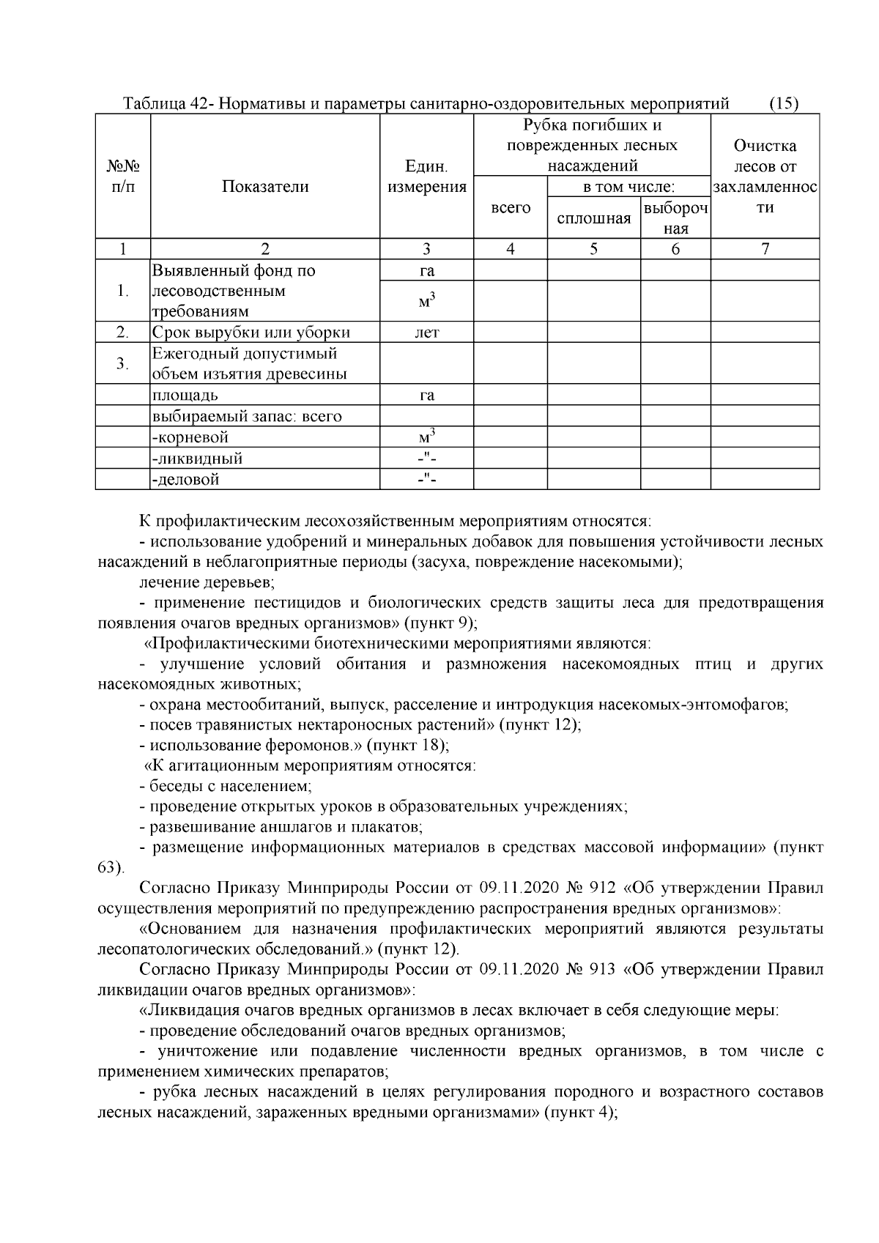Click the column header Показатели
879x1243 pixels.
pos(265,187)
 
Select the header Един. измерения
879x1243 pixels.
pos(426,177)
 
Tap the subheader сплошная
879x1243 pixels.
pos(593,218)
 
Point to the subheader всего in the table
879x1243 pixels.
pos(511,208)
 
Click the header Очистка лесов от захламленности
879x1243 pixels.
pos(765,177)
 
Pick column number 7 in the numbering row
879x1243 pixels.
pos(765,249)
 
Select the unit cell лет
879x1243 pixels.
pos(426,333)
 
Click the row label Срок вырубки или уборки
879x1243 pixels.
pos(251,333)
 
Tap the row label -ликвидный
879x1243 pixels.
pos(197,459)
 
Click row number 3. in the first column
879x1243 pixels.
pos(123,363)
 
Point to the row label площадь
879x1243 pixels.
pos(185,396)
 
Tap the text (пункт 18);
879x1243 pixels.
pos(407,746)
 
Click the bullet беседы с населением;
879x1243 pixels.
pos(226,787)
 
